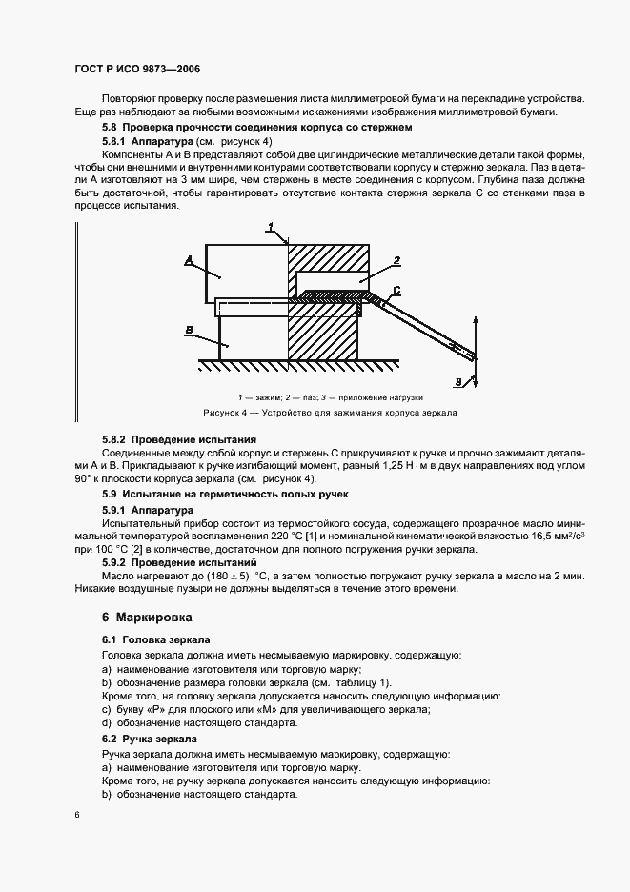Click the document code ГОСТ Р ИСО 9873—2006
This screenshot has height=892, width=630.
point(136,71)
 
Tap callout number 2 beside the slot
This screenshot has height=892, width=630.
point(396,259)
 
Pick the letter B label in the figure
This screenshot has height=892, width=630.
point(190,331)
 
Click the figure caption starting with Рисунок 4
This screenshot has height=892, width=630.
point(330,414)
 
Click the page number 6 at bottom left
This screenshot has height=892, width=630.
point(78,815)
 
